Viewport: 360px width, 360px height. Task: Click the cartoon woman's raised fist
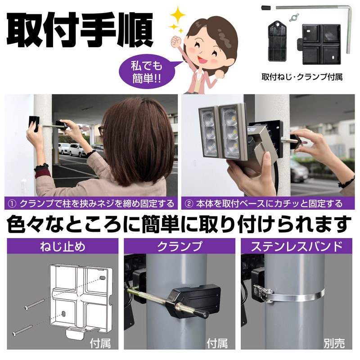click(176, 41)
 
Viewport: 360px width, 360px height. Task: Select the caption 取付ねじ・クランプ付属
click(302, 77)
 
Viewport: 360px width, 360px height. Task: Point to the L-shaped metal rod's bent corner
click(350, 9)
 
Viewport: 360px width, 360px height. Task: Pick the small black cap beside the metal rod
click(266, 8)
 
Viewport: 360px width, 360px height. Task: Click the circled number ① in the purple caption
click(12, 204)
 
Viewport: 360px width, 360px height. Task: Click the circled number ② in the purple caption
click(189, 204)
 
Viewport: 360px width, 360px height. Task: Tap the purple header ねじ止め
click(63, 246)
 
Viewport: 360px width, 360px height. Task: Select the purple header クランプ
click(180, 246)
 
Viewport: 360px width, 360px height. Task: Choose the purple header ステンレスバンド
click(297, 246)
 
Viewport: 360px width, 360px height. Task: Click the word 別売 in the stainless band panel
click(334, 343)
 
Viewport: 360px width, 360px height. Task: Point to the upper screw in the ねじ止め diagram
click(35, 304)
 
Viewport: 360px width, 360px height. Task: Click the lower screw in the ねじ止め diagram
click(23, 330)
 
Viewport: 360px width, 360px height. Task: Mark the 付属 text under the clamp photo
click(217, 343)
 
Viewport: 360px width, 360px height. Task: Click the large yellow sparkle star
click(177, 15)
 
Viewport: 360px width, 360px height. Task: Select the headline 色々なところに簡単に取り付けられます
click(179, 224)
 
